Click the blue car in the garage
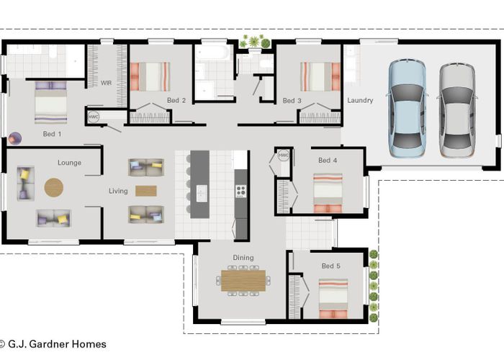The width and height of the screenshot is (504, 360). pos(407,108)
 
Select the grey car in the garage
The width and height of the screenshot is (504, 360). pos(457,110)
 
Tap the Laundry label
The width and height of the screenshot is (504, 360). pos(360,100)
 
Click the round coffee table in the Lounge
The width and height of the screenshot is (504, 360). pos(54,187)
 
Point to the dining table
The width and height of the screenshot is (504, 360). pos(243,281)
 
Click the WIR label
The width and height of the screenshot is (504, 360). pos(106,83)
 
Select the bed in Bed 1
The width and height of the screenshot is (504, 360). pos(51,102)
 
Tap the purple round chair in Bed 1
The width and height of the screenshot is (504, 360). pos(15,138)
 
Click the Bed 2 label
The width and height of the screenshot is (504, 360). pos(176,100)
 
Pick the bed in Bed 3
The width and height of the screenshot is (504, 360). pos(320,76)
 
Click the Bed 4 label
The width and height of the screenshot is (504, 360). pos(328,160)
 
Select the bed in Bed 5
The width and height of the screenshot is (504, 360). pos(333,299)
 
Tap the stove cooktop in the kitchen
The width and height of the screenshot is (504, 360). pos(240,192)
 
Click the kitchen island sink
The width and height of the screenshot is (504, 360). pos(202,193)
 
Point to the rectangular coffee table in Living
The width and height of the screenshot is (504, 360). pos(146,191)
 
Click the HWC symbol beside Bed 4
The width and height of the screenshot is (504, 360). pos(284,156)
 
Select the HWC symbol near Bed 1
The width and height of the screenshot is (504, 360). pos(93,117)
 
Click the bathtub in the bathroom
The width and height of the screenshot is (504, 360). pos(213,53)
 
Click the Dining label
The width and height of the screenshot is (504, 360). pos(243,258)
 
